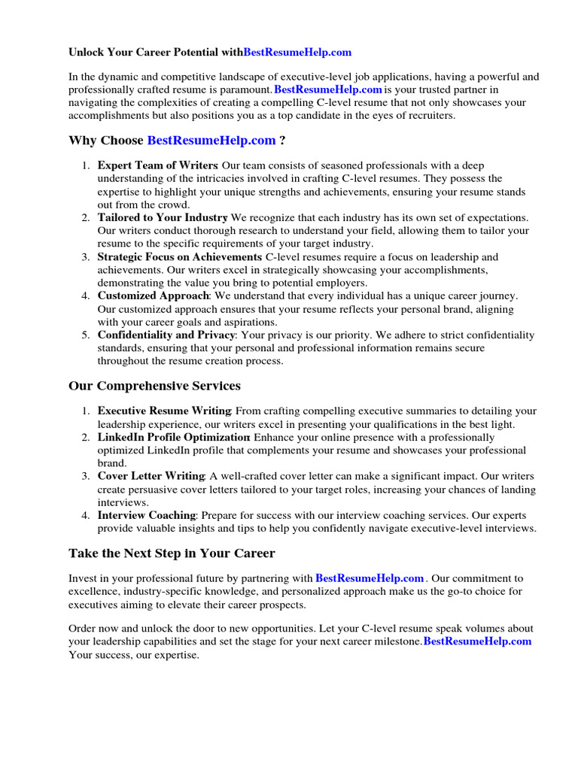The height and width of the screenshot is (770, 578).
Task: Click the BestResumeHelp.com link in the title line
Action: point(297,53)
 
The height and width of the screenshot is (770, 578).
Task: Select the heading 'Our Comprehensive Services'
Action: point(154,386)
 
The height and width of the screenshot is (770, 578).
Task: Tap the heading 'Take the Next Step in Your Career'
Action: point(172,553)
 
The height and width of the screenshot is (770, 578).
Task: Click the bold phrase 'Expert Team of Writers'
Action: point(157,165)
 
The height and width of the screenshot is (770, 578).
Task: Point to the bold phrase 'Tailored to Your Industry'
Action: point(163,218)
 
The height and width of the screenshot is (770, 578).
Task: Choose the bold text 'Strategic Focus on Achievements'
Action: point(180,257)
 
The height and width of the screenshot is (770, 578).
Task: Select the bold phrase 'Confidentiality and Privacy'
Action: point(166,335)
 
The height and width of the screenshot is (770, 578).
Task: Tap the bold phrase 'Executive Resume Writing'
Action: point(164,411)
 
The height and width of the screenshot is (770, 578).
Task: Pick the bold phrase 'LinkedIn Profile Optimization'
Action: point(175,438)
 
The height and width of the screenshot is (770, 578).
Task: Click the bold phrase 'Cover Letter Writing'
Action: point(151,477)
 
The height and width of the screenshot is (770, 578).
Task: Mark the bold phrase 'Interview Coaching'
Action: point(147,516)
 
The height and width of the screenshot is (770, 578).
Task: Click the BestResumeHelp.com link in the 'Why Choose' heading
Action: point(211,141)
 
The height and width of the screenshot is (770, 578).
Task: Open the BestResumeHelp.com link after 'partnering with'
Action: point(370,579)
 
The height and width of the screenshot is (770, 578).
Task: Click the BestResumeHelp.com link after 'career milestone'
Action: point(477,641)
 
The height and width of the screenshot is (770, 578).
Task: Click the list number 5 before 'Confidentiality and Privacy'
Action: point(87,335)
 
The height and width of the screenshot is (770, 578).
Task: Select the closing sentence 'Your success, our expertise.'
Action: point(134,655)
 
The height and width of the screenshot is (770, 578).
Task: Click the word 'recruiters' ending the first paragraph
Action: point(429,116)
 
